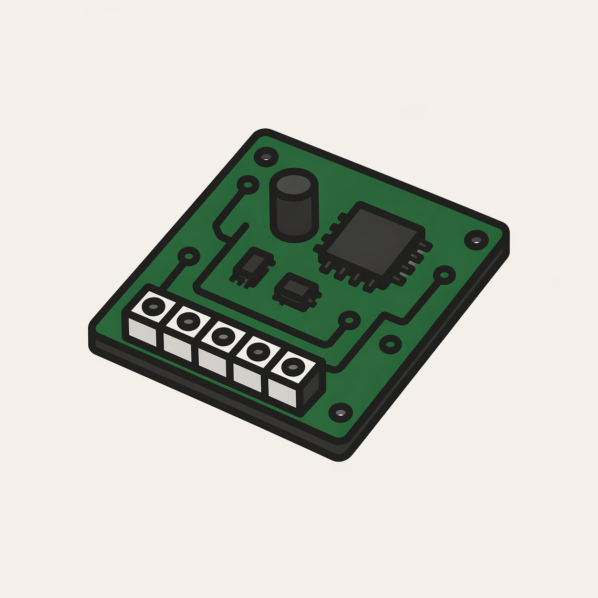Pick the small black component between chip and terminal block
point(297,289)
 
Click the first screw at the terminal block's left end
point(154,305)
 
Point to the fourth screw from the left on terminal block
point(258,352)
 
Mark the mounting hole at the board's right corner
point(476,239)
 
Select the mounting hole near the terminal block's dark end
point(341,412)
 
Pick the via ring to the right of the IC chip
point(444,274)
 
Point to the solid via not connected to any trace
point(390,343)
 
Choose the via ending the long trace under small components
point(350,320)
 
